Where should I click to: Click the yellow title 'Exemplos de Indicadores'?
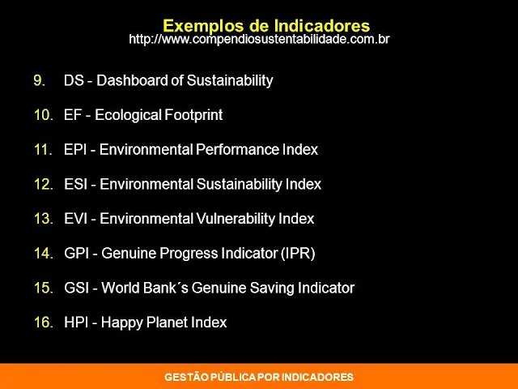[266, 26]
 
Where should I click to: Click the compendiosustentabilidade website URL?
[259, 40]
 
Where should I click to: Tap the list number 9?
[40, 80]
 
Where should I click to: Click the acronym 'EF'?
[73, 115]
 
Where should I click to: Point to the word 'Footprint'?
[193, 115]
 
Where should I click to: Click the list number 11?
[43, 149]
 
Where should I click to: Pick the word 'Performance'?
[237, 149]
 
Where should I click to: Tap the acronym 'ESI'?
[75, 184]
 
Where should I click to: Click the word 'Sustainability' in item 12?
[239, 185]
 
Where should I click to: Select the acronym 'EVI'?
[75, 219]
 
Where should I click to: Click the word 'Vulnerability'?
[236, 219]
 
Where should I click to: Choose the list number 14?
[44, 254]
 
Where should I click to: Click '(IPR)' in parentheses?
[298, 254]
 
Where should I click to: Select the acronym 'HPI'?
[76, 323]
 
